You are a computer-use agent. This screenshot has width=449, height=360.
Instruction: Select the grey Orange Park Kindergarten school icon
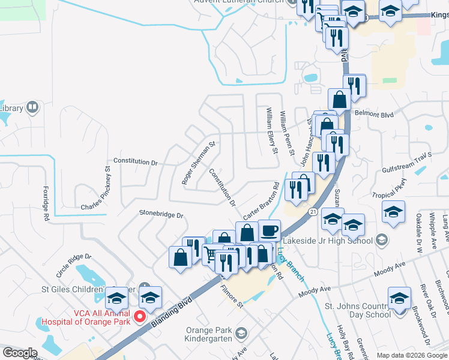[x=241, y=332]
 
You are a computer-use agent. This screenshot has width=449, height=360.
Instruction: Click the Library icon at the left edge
[x=32, y=108]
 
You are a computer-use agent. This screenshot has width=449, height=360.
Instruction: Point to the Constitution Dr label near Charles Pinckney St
[x=135, y=163]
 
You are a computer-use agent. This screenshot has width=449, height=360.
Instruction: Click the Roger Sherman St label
[x=199, y=163]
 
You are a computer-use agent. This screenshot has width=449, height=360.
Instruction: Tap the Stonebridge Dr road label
[x=161, y=214]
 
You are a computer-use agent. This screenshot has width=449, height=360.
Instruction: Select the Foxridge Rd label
[x=45, y=203]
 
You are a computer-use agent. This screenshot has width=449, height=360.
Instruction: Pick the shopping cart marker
[x=209, y=254]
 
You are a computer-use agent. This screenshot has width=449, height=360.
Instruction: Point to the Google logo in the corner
[x=20, y=353]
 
